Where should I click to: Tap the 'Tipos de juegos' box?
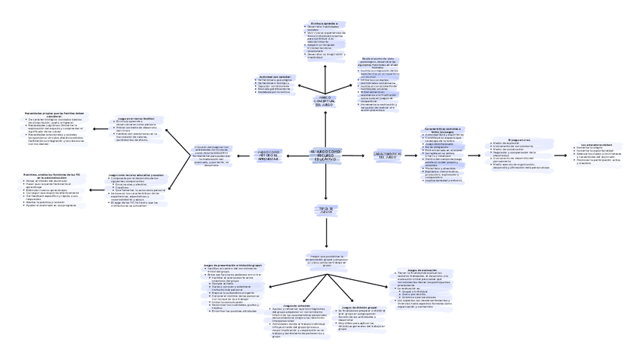tap(326, 210)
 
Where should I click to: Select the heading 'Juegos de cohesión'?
tap(288, 306)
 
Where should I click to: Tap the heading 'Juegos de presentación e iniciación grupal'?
tap(233, 265)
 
